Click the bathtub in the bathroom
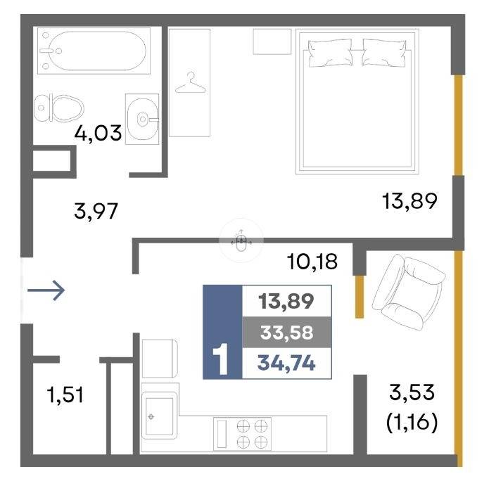pyautogui.click(x=94, y=51)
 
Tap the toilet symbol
pyautogui.click(x=59, y=108)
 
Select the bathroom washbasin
pyautogui.click(x=142, y=119)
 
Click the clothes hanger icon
pyautogui.click(x=190, y=82)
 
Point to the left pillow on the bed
pyautogui.click(x=331, y=53)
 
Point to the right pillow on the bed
pyautogui.click(x=384, y=53)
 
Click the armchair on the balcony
pyautogui.click(x=409, y=291)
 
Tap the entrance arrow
pyautogui.click(x=46, y=290)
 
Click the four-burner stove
pyautogui.click(x=242, y=434)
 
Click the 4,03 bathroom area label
pyautogui.click(x=98, y=133)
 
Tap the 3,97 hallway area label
pyautogui.click(x=96, y=211)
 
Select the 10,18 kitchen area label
pyautogui.click(x=312, y=262)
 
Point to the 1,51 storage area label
pyautogui.click(x=65, y=394)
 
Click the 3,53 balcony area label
pyautogui.click(x=412, y=392)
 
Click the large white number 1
pyautogui.click(x=221, y=359)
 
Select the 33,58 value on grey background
pyautogui.click(x=286, y=332)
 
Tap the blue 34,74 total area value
pyautogui.click(x=286, y=363)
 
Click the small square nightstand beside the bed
pyautogui.click(x=272, y=41)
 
